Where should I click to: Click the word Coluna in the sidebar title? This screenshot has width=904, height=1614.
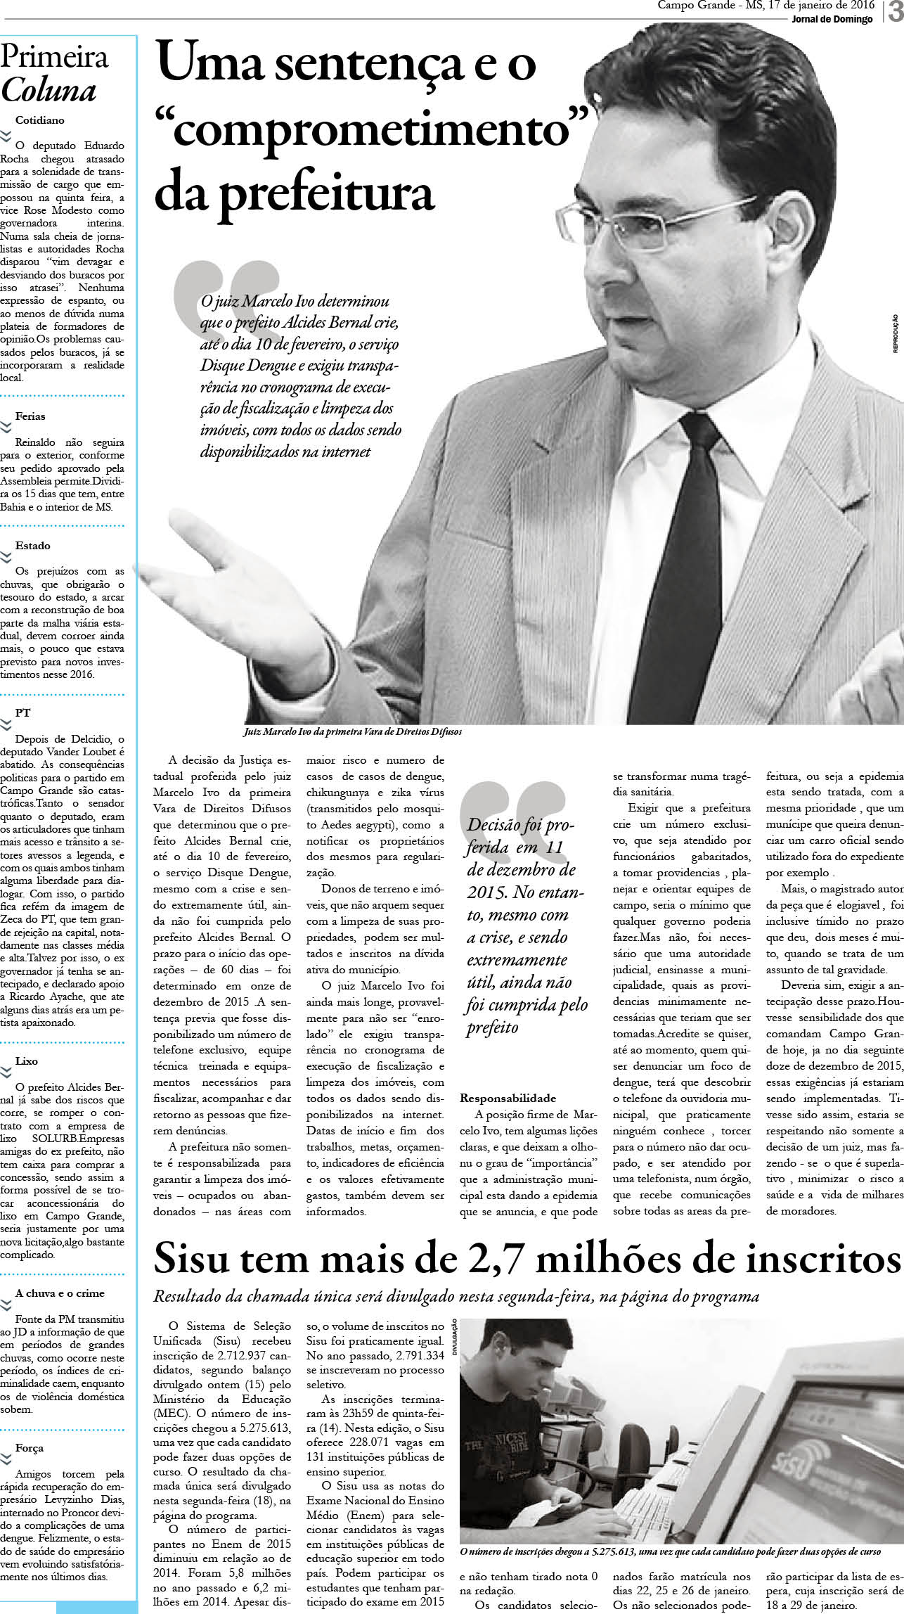click(49, 91)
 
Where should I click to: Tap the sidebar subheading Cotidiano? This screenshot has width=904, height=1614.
click(40, 120)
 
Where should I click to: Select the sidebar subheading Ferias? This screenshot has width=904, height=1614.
click(30, 416)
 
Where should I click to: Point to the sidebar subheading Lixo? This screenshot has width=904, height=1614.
click(27, 1061)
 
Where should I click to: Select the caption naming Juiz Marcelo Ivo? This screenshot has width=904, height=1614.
click(352, 732)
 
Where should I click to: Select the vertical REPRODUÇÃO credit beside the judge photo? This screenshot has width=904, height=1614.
click(896, 333)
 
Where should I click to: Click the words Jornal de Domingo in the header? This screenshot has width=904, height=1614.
click(832, 19)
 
